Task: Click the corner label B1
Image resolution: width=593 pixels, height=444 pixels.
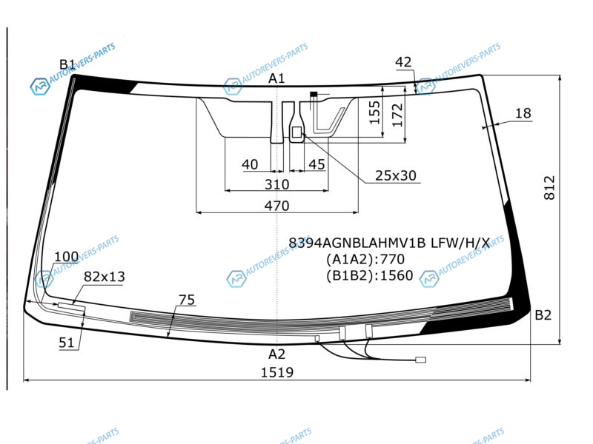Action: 67,64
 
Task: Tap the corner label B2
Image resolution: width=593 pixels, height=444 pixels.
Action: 543,314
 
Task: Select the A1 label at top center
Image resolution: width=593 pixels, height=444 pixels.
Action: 276,78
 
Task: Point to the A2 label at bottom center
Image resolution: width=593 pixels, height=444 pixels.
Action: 276,354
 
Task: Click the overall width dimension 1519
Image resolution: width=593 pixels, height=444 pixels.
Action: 277,372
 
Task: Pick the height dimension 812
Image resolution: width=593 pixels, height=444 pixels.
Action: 549,187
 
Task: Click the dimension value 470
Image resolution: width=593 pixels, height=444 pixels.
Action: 276,206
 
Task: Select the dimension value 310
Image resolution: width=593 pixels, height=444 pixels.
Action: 276,184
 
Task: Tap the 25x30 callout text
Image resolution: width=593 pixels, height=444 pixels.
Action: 396,175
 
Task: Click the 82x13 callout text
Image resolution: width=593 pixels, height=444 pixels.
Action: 105,277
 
